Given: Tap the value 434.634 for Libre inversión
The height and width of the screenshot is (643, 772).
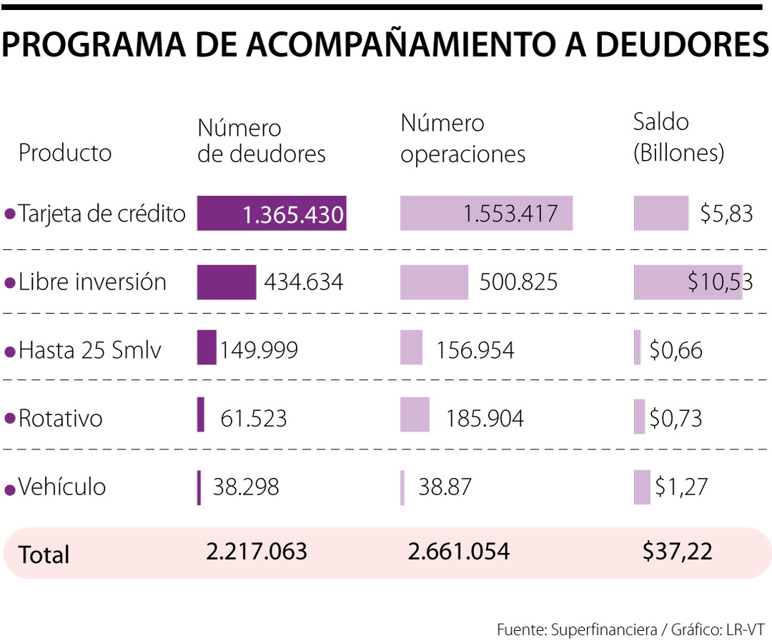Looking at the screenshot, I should [304, 282].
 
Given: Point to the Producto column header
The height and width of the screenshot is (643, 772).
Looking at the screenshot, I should [65, 153].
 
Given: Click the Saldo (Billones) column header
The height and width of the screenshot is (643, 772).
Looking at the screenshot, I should [678, 137].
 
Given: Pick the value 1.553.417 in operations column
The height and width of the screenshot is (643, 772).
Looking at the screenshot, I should [510, 213].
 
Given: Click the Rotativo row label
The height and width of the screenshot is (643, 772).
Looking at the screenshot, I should [61, 418].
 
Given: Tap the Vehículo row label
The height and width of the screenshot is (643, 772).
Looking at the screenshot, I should [62, 487].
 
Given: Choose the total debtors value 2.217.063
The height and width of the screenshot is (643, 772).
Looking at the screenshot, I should [257, 552].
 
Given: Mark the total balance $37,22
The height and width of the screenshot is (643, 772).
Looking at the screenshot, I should [677, 552].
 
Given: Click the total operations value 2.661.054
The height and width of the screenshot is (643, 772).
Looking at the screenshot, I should [458, 552].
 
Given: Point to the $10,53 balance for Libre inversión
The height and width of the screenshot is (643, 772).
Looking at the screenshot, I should [720, 282].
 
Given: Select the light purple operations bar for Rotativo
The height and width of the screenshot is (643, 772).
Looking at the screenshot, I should [415, 415].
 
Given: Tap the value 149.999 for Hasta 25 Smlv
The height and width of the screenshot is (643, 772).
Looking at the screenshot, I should [259, 350].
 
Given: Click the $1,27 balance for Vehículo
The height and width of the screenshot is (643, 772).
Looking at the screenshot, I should [681, 487].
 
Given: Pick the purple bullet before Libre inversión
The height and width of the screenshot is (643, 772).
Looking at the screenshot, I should [9, 283].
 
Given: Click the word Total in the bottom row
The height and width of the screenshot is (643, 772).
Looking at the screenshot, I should [44, 554].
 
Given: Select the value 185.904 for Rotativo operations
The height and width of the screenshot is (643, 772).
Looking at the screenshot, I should [485, 419].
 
